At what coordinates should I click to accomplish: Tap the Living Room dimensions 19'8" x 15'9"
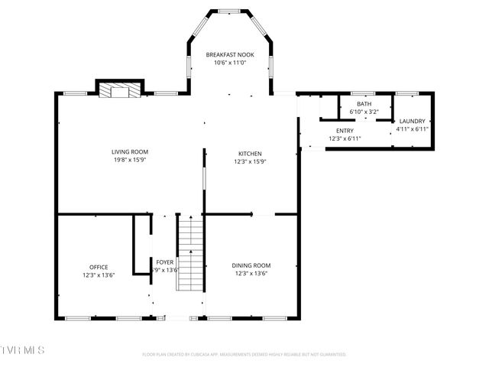coord(129,160)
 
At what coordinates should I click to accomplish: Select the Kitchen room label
coord(249,153)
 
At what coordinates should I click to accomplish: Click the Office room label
coord(99,267)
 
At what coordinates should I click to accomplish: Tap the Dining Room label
coord(251,265)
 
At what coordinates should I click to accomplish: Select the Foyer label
coord(165,261)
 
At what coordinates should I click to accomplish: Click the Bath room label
coord(364,104)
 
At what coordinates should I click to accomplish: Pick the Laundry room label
coord(412,121)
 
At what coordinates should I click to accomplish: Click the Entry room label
coord(345,131)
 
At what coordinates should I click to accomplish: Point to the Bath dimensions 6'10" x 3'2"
coord(364,112)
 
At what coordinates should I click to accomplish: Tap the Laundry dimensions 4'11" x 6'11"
coord(412,129)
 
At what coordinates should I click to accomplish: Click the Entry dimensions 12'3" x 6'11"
coord(345,138)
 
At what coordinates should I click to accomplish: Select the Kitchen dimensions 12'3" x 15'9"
coord(249,161)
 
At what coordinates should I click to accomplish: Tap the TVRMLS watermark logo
coord(23,349)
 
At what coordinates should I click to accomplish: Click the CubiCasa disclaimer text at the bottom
coord(244,354)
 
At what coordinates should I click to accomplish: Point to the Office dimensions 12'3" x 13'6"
coord(99,275)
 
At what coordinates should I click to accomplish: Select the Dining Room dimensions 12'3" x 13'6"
coord(251,274)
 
